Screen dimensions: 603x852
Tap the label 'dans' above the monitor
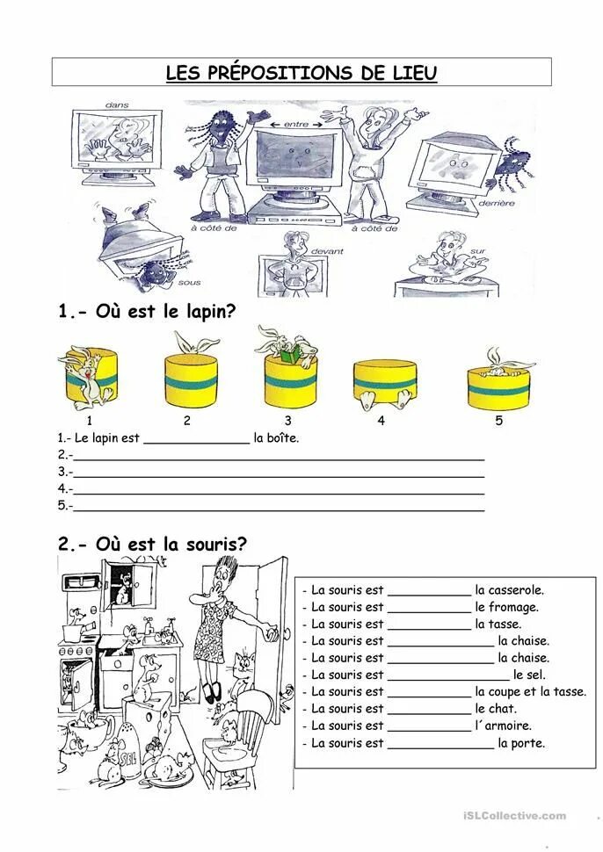click(117, 105)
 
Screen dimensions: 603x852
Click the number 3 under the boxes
click(288, 421)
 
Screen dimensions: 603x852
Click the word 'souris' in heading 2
click(207, 544)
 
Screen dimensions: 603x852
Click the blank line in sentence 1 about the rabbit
click(195, 439)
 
